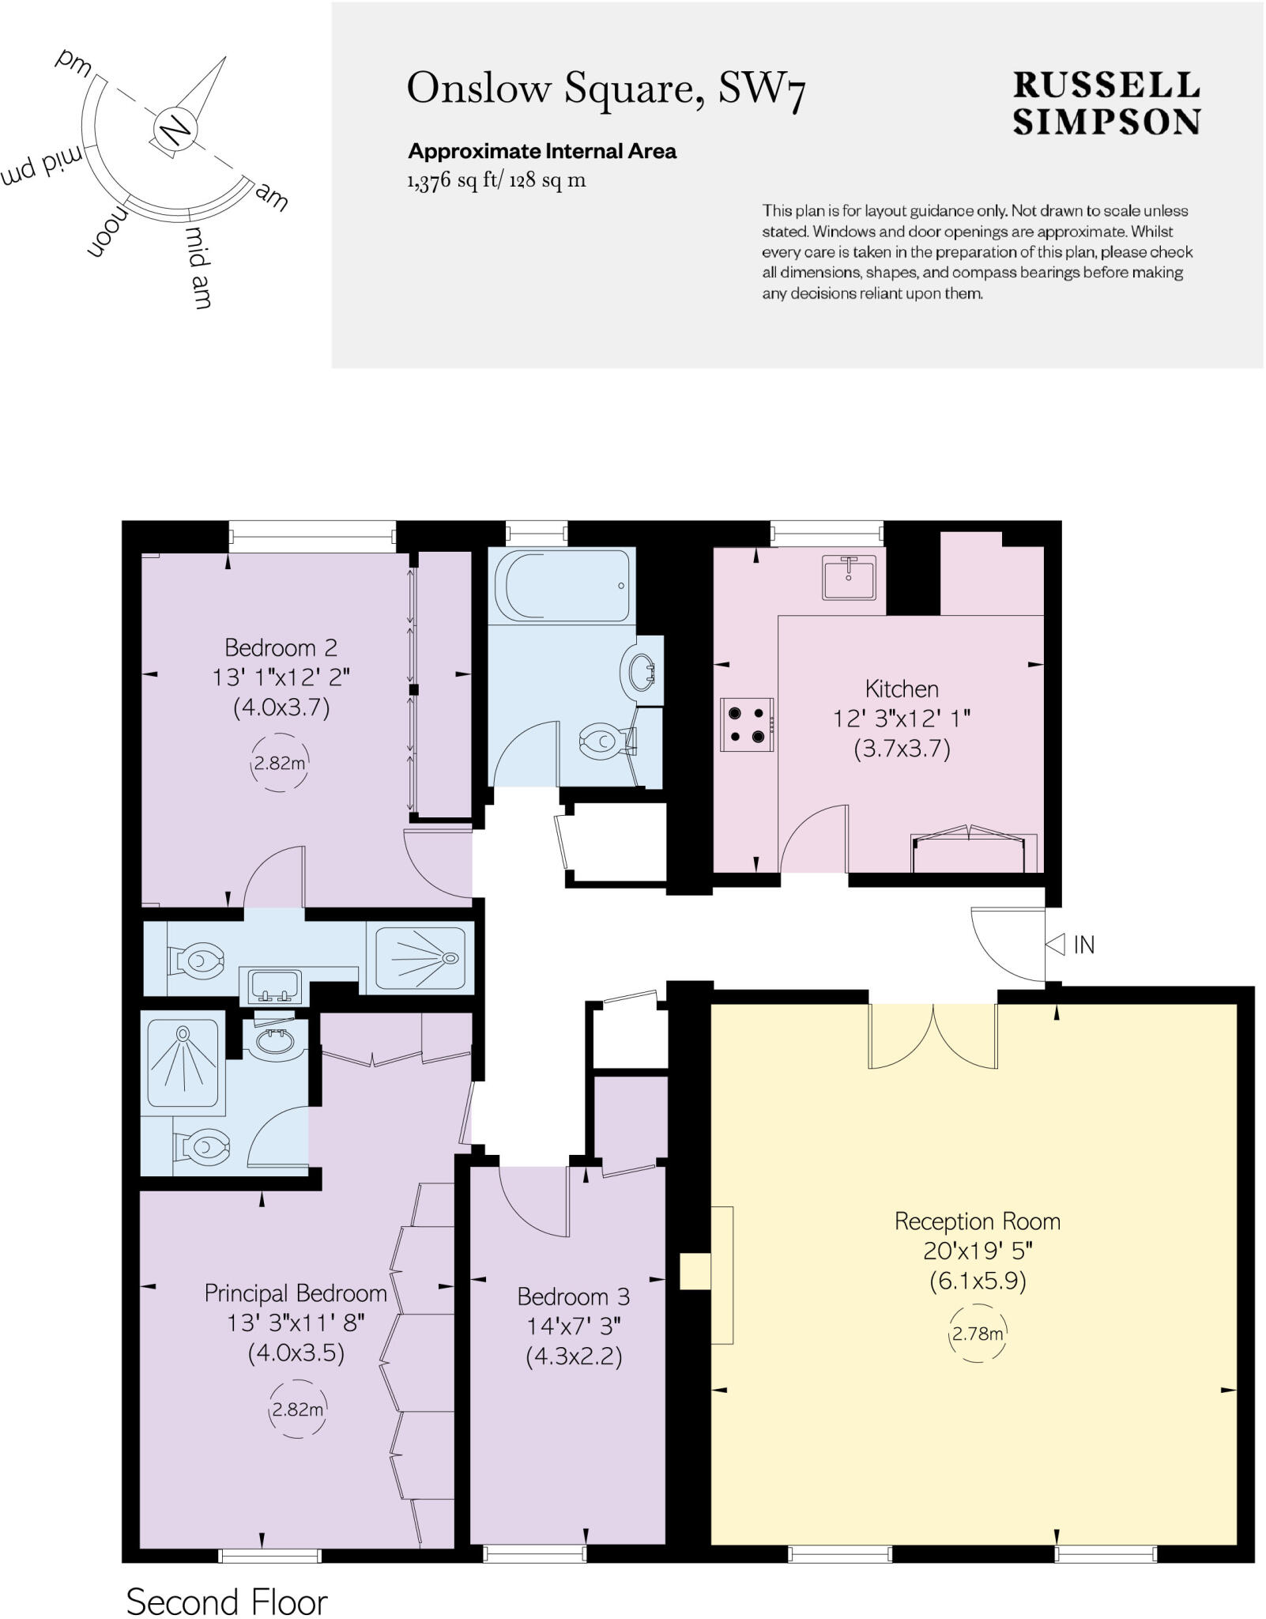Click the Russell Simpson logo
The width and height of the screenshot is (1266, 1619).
coord(1106,104)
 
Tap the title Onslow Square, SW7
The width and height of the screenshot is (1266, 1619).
coord(606,89)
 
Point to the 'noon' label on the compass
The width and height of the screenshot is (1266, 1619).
coord(107,229)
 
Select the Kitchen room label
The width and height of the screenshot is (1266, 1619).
coord(902,689)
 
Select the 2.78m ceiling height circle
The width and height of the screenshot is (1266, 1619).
coord(978,1334)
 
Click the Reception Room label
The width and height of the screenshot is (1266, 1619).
coord(978,1221)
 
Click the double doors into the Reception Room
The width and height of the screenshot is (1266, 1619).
coord(933,1036)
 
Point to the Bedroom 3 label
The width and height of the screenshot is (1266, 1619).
coord(574,1296)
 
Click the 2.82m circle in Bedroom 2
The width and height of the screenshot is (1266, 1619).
coord(279,764)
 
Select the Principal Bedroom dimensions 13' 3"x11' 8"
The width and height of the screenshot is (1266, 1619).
coord(296,1323)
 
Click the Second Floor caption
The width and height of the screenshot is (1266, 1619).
coord(227,1602)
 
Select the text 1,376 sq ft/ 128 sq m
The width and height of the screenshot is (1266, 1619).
coord(496,180)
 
